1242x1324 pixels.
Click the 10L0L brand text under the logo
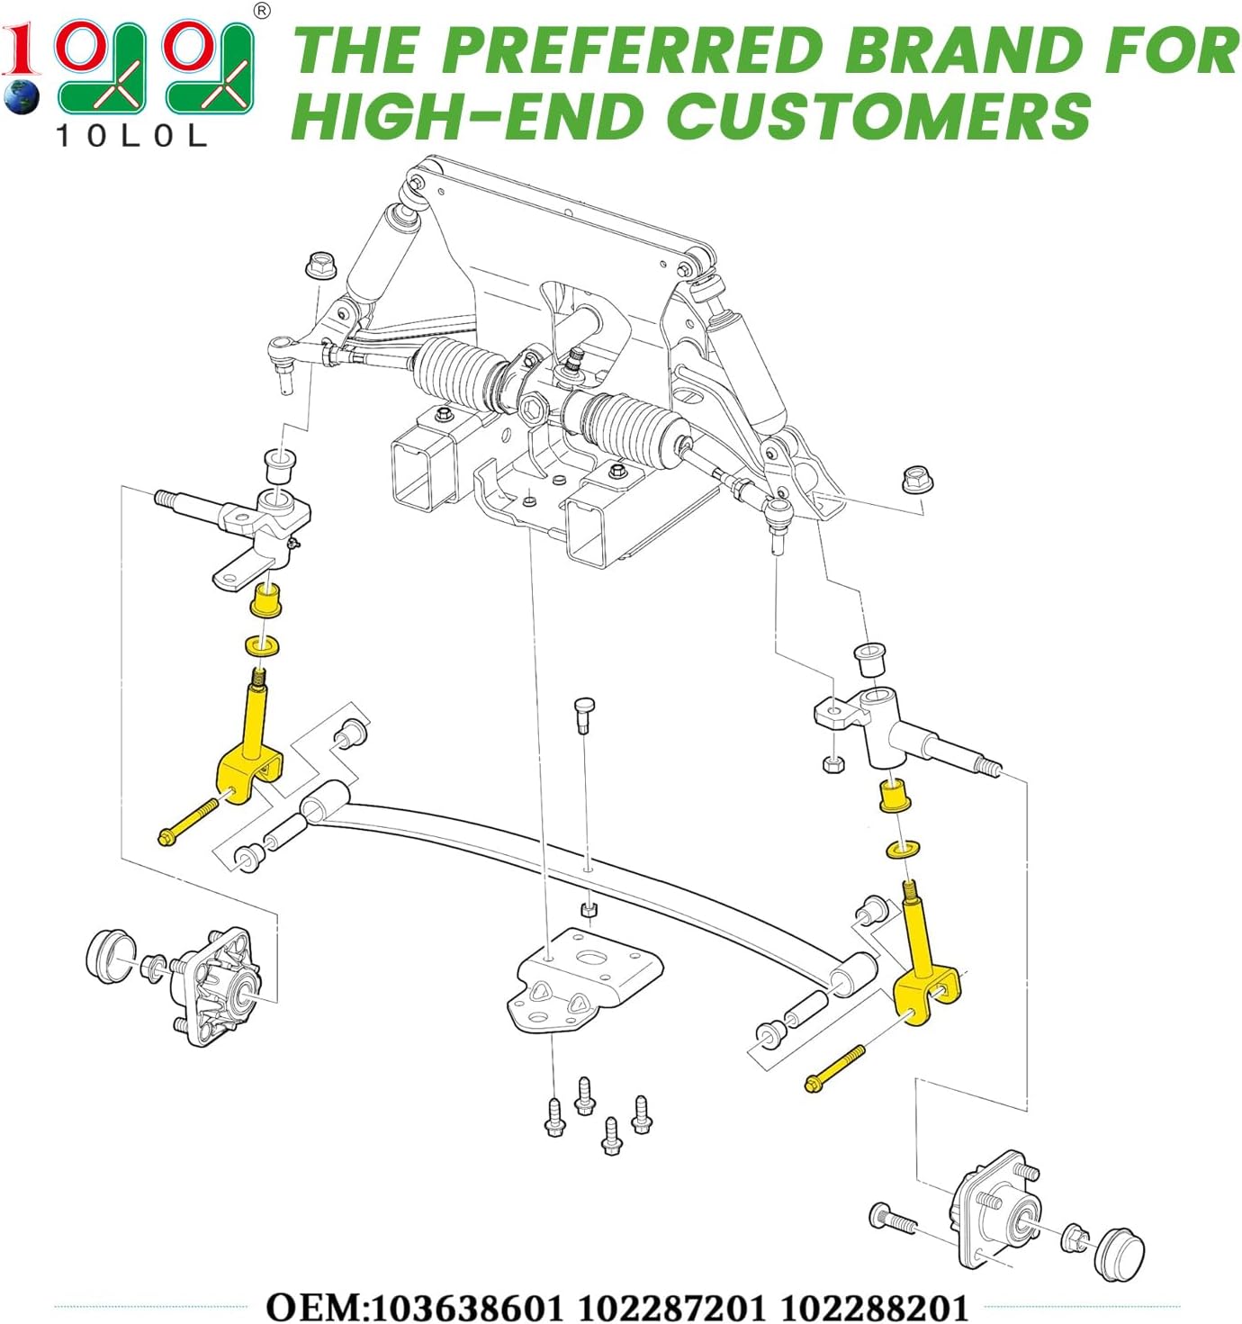[x=131, y=136]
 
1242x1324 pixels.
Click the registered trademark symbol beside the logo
[x=262, y=11]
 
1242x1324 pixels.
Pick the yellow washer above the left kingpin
[x=262, y=645]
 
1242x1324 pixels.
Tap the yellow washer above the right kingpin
[x=903, y=848]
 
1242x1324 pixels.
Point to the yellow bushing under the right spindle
[x=895, y=796]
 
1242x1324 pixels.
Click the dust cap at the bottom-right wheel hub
[x=1120, y=1253]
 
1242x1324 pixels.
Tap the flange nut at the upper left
[x=319, y=265]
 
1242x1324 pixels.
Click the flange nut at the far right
[x=917, y=480]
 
